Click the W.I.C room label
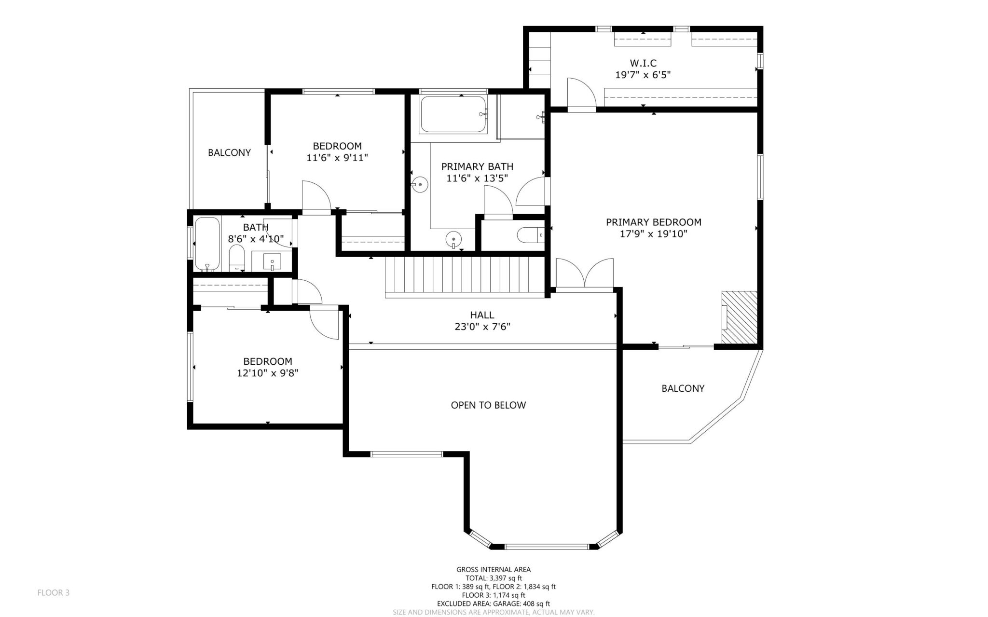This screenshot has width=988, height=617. click(x=643, y=63)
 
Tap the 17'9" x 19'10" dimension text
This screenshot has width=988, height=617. click(x=653, y=234)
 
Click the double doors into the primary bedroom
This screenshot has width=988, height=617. click(x=584, y=275)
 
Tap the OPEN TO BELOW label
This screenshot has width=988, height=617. click(x=488, y=405)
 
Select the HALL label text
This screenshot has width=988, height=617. click(x=482, y=315)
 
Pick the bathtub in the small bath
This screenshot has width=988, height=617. click(x=207, y=244)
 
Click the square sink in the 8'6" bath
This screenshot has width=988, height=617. click(x=272, y=262)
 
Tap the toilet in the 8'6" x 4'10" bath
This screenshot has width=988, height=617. click(x=236, y=258)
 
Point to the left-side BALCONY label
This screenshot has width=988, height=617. click(x=229, y=152)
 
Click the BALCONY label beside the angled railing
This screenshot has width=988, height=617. click(x=683, y=388)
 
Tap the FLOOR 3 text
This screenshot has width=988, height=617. click(x=53, y=592)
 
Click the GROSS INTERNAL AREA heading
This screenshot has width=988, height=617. click(x=493, y=570)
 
